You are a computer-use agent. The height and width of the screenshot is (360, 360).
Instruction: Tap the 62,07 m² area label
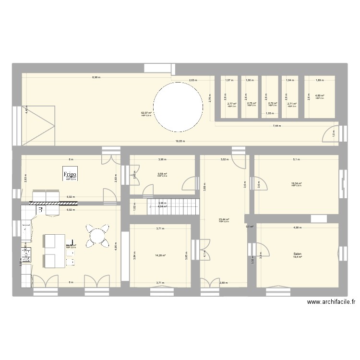[146, 113]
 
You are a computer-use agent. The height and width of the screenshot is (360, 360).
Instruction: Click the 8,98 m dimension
[96, 77]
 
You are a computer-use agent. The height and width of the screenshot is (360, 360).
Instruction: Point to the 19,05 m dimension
[179, 141]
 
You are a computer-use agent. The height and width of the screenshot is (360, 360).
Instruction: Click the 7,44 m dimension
[276, 126]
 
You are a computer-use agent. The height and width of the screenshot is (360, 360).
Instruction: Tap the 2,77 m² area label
[232, 103]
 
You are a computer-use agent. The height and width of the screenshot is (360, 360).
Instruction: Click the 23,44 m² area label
[224, 219]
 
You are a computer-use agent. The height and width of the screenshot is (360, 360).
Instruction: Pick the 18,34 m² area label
[296, 183]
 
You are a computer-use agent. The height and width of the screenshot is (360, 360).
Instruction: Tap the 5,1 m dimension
[296, 159]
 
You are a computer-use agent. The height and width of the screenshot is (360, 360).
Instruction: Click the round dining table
[97, 237]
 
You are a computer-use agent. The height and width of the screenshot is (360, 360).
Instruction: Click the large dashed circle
[178, 107]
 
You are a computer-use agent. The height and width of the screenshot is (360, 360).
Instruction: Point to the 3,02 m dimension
[224, 159]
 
